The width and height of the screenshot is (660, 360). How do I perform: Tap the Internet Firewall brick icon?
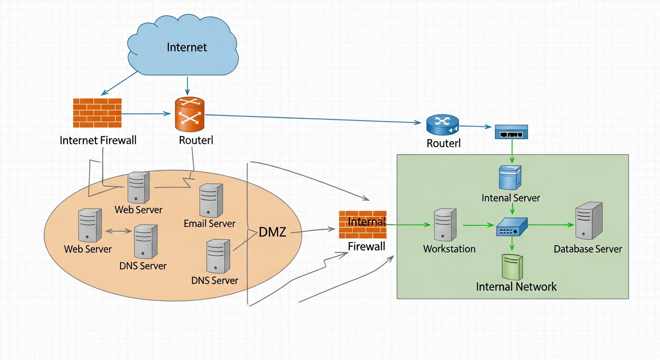click(x=97, y=112)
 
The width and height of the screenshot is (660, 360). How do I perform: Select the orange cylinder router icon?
click(x=189, y=114)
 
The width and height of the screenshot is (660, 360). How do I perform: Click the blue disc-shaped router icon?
click(x=442, y=125)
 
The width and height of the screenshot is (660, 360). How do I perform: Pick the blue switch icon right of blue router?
click(x=511, y=132)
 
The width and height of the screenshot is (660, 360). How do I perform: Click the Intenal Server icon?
click(x=510, y=178)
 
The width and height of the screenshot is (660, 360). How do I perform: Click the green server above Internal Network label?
click(x=512, y=267)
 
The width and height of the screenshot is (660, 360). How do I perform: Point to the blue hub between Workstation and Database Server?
click(x=512, y=226)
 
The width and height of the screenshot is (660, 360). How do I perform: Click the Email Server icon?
click(x=210, y=200)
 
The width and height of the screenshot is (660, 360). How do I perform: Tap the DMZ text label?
click(x=272, y=232)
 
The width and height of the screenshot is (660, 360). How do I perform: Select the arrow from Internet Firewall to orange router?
click(x=146, y=113)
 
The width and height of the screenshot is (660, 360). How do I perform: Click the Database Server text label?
click(x=588, y=249)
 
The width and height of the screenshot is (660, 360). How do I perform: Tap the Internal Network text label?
click(x=516, y=286)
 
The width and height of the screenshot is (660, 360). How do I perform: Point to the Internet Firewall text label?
click(x=98, y=140)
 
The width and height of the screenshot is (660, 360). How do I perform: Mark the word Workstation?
click(x=449, y=249)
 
